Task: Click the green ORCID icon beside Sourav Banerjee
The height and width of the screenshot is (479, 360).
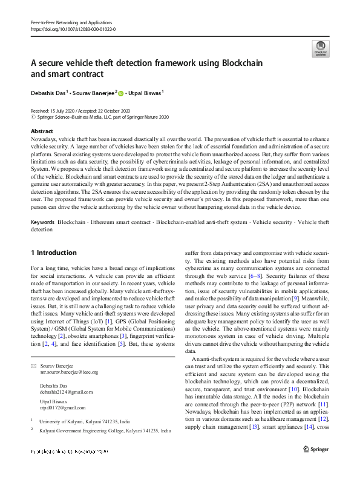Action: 121,93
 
